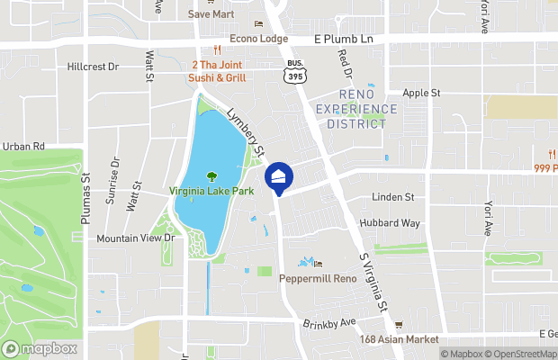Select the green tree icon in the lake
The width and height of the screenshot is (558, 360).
212,176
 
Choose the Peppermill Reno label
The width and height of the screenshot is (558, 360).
319,278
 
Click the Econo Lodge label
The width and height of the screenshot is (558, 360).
258,39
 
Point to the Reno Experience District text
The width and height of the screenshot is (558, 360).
355,109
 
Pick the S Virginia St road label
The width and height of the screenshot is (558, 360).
373,282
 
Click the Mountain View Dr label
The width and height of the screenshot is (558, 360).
134,238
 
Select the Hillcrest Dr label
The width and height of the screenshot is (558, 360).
93,67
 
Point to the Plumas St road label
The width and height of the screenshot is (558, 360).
86,183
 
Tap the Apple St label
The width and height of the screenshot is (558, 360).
421,93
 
